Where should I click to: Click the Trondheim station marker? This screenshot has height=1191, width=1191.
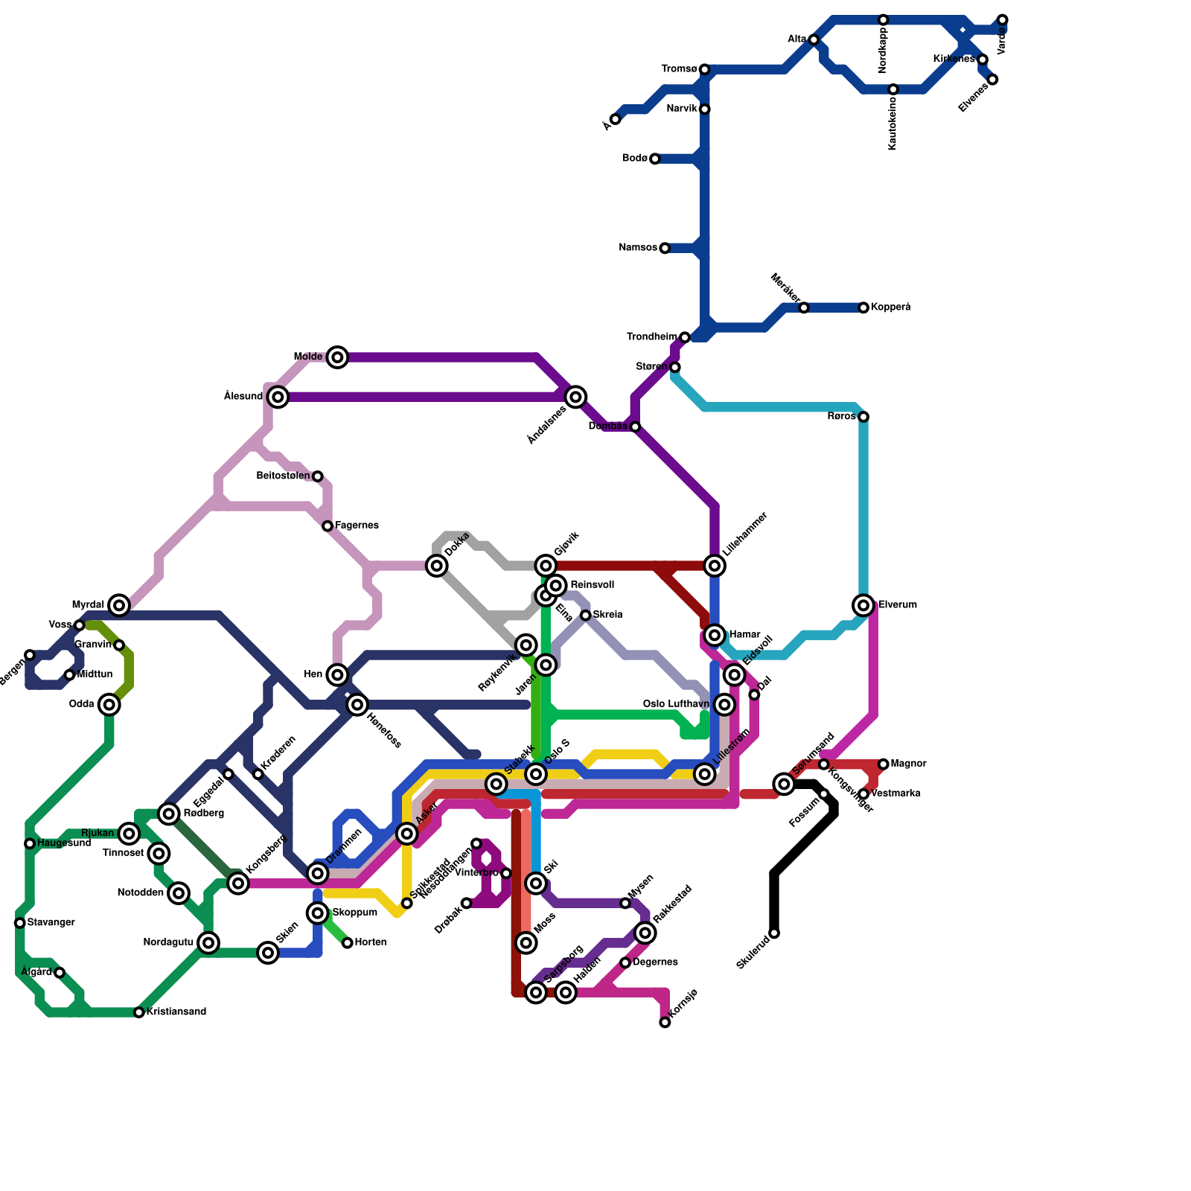click(685, 338)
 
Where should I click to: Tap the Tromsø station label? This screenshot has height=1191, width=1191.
click(679, 69)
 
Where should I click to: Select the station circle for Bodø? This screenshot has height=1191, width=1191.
click(655, 159)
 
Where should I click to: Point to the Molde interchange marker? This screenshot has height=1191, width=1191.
click(338, 357)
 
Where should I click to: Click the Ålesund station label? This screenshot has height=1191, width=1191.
click(243, 397)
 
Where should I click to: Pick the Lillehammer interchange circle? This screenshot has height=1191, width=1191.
click(715, 566)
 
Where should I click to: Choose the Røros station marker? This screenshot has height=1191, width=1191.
click(863, 417)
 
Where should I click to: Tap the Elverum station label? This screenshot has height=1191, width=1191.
click(898, 605)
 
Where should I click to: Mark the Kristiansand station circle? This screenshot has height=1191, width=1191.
click(139, 1012)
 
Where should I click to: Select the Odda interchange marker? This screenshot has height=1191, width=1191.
click(109, 704)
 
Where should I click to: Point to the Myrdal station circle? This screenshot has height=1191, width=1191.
click(119, 605)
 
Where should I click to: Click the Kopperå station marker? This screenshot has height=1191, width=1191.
click(863, 307)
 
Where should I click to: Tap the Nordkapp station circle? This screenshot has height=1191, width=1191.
click(883, 19)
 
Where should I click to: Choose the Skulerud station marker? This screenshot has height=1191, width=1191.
click(774, 933)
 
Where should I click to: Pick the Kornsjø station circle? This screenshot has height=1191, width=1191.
click(665, 1023)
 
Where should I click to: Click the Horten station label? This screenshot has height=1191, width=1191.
click(371, 942)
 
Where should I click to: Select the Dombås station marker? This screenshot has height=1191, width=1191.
click(635, 427)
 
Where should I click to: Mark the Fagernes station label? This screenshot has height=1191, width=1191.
click(357, 526)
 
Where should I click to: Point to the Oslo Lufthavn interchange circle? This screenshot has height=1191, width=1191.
click(724, 704)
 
